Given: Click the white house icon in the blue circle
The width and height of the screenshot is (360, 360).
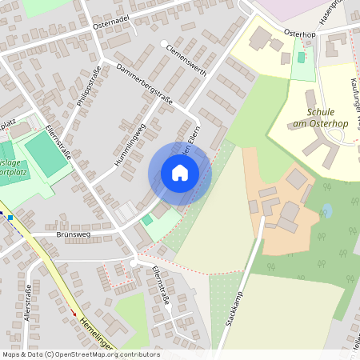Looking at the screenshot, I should click(180, 172).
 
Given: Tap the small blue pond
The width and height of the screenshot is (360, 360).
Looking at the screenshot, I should click(326, 211).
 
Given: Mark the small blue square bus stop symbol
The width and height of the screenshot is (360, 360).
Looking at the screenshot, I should click(10, 217).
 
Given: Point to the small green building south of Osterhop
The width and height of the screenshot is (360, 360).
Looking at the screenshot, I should click(302, 58).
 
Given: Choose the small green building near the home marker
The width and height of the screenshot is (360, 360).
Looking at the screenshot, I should click(147, 219).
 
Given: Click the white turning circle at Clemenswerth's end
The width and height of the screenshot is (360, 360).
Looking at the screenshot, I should click(163, 43).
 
